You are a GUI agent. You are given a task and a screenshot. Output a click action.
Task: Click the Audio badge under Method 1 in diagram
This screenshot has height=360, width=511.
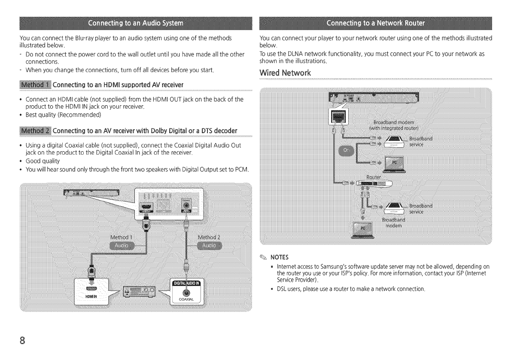click(122, 245)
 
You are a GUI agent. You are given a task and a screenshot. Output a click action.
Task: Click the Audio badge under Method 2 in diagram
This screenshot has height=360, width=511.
click(209, 245)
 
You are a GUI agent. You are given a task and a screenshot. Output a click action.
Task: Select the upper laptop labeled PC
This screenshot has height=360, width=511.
click(394, 163)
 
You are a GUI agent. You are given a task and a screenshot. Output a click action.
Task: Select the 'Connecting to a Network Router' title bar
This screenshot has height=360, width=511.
click(375, 22)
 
